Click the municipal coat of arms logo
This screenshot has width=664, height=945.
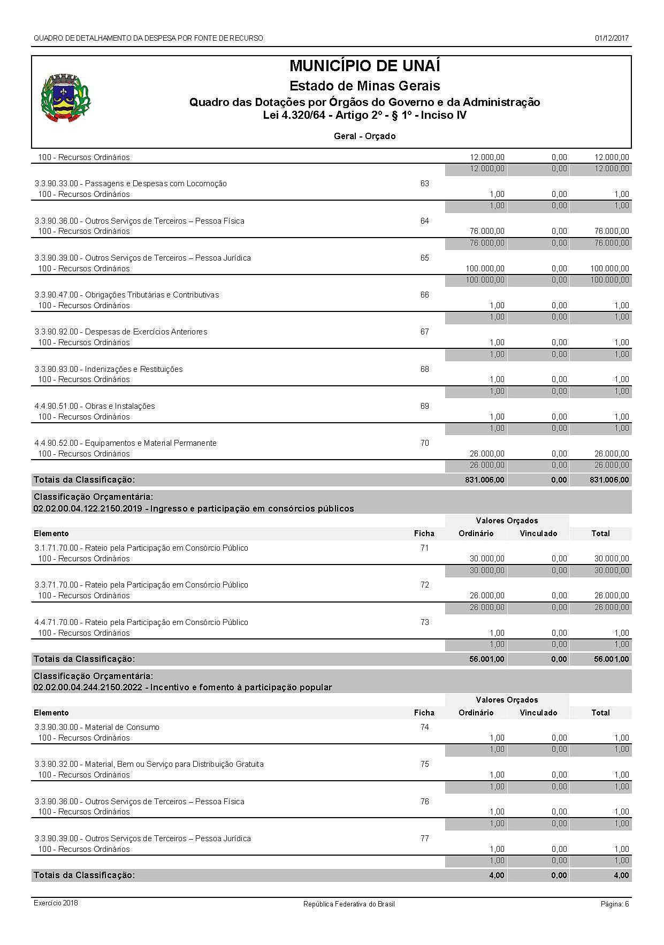tap(66, 99)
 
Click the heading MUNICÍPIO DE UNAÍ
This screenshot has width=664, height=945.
tap(364, 66)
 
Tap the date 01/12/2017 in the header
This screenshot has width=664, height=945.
tap(612, 39)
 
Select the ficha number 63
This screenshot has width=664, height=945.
tap(424, 184)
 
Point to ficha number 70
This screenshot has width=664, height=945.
tap(424, 443)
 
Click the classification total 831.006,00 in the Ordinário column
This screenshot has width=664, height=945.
tap(484, 480)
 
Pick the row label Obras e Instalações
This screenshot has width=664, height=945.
tap(95, 406)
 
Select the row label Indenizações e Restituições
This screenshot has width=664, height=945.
tap(109, 369)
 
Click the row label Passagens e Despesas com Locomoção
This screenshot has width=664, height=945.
tap(131, 184)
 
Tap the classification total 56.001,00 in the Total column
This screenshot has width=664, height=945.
tap(611, 659)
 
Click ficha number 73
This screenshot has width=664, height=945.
tap(424, 622)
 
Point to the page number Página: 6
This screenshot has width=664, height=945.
tap(614, 904)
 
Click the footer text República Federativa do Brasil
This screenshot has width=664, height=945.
tap(349, 904)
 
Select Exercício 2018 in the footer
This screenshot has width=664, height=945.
tap(56, 903)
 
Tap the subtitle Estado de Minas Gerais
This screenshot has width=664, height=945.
tap(364, 86)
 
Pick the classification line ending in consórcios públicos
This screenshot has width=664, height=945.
tap(194, 508)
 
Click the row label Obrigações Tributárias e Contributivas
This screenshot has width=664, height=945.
tap(127, 295)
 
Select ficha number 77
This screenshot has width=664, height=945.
tap(424, 839)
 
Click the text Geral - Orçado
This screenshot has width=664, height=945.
tap(364, 136)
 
